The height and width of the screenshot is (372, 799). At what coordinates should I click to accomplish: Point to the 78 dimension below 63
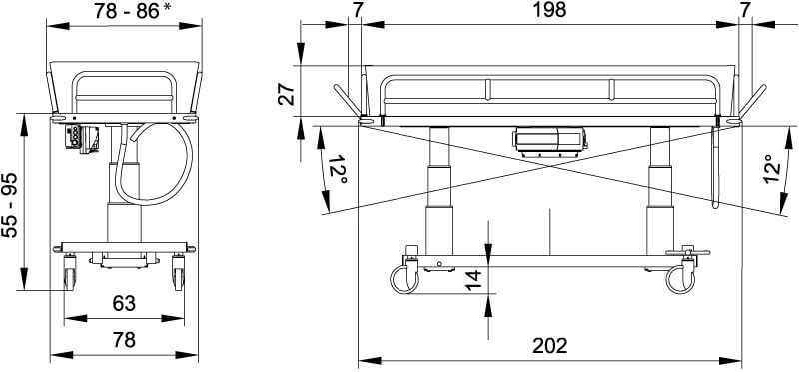pos(124,340)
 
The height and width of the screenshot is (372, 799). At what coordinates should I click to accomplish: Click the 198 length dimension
pos(549,10)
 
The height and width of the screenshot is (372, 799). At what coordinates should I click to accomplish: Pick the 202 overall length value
pos(549,346)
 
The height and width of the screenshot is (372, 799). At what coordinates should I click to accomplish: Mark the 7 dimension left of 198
pos(357,10)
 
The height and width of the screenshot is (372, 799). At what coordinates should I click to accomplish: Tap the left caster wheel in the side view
pos(404,277)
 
